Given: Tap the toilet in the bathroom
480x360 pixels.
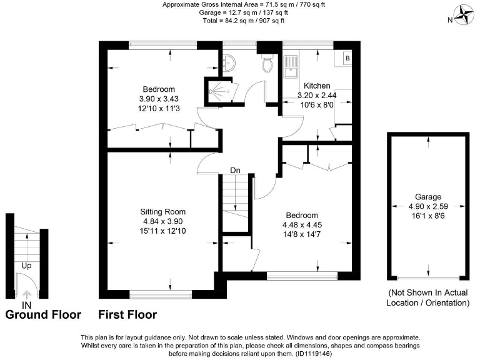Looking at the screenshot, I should coord(269,63).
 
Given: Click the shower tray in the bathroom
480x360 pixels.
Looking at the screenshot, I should coord(221,91).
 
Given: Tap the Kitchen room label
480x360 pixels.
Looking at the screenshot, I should coord(317,86).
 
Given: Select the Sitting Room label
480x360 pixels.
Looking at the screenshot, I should coord(162,211).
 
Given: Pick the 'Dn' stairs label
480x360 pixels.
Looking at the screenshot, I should coord(235,170).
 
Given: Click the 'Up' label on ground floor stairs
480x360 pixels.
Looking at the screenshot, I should coord(26,265).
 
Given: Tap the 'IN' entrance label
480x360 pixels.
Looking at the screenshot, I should coord(26,304).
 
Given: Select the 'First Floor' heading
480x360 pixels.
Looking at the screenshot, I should coord(127,314).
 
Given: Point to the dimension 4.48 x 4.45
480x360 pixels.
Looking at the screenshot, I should coord(302,224).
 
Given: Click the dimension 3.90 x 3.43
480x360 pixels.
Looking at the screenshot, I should coord(158,99).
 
